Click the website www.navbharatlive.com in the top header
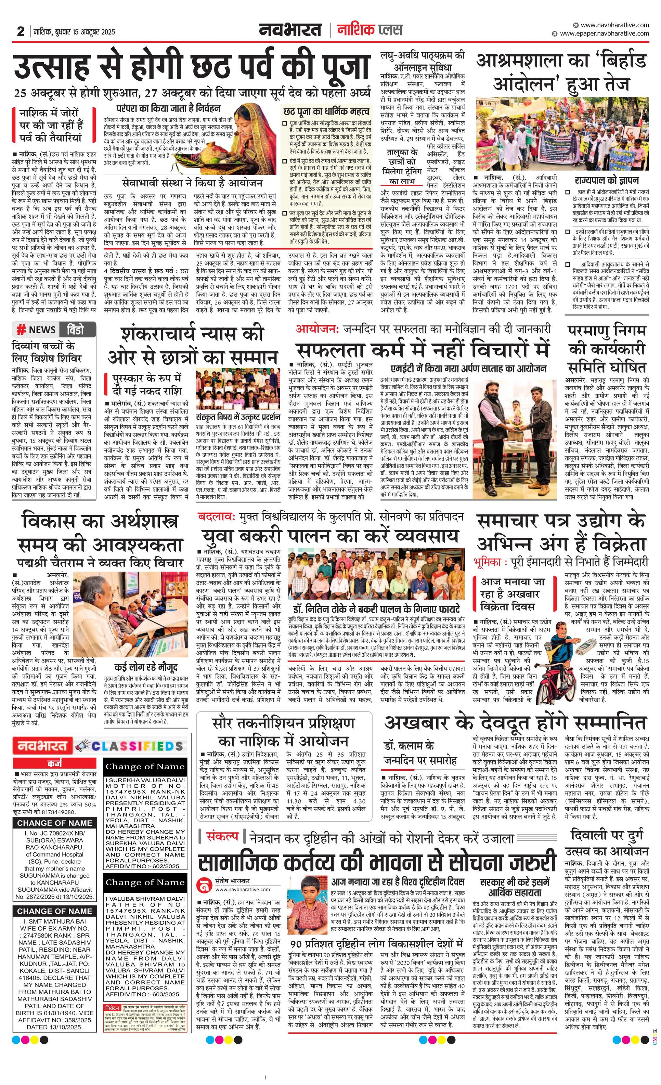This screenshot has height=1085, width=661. tap(614, 25)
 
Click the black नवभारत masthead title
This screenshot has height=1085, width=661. tap(291, 30)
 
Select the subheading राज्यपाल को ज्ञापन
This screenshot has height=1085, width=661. tap(606, 181)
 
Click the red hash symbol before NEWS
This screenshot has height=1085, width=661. tap(21, 330)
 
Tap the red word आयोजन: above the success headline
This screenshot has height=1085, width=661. tap(317, 329)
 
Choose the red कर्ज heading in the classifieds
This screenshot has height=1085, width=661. tap(55, 763)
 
